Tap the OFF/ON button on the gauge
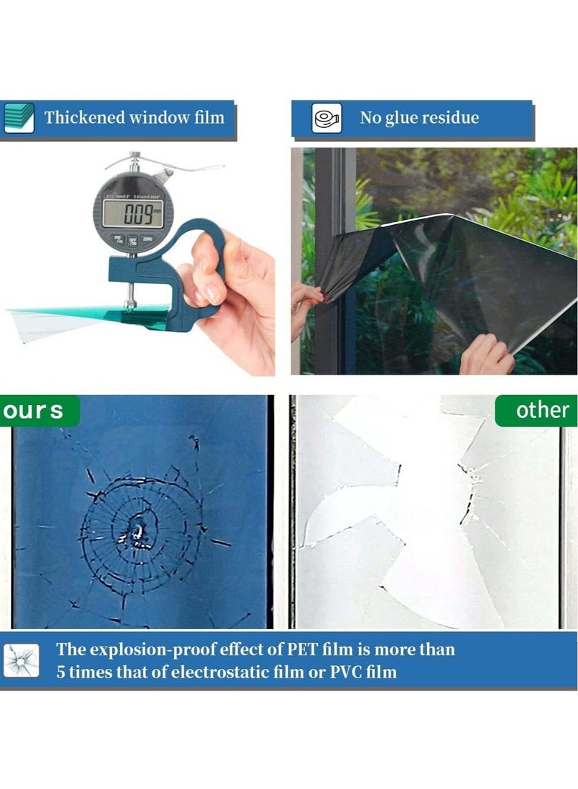pos(133,241)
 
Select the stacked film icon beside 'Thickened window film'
pos(19,117)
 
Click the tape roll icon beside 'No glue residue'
pos(327,118)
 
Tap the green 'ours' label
pos(33,411)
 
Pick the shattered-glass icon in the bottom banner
pos(21,660)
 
